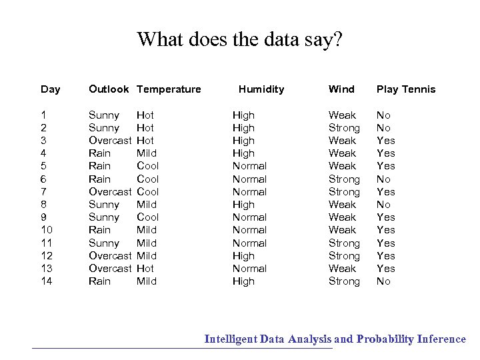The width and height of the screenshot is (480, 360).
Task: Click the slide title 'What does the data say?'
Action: tap(239, 39)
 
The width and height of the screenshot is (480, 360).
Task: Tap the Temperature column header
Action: tap(168, 89)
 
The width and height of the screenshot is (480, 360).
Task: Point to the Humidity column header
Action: tap(261, 89)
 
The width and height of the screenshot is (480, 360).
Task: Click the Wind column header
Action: tap(341, 89)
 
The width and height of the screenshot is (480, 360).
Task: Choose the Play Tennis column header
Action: tap(406, 89)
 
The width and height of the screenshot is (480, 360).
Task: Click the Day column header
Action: tap(50, 89)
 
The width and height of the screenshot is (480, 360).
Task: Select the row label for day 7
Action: tap(43, 192)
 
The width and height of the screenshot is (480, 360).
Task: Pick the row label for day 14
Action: tap(47, 281)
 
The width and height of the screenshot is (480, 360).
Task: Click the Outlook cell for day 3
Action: tap(110, 141)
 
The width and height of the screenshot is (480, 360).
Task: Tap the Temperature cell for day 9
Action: tap(147, 217)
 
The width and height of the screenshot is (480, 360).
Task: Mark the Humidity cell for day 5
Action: tap(249, 166)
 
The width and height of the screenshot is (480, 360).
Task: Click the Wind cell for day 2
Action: tap(344, 128)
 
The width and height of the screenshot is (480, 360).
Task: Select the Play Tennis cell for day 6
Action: tap(383, 179)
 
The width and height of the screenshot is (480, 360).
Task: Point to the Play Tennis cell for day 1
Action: tap(383, 115)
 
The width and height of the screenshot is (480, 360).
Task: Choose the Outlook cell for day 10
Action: tap(100, 230)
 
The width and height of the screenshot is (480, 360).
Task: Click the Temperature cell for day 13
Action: tap(145, 269)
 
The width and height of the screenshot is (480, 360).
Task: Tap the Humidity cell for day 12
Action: tap(243, 256)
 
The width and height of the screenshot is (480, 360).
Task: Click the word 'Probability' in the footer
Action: tap(385, 339)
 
